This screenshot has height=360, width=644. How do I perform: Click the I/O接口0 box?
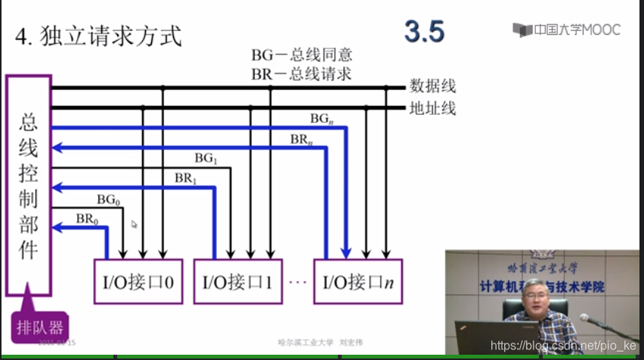click(138, 282)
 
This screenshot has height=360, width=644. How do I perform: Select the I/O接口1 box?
click(238, 282)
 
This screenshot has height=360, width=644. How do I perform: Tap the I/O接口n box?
click(358, 282)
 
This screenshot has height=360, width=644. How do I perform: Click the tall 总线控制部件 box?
click(28, 185)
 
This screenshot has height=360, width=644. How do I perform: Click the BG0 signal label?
click(108, 200)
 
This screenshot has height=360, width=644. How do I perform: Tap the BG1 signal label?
click(206, 159)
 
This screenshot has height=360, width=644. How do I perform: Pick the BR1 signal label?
click(186, 178)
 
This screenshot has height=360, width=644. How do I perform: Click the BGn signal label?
click(322, 119)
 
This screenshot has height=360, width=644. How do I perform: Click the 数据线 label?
click(433, 86)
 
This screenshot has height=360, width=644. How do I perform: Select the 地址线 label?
click(433, 108)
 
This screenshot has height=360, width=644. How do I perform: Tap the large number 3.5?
click(424, 32)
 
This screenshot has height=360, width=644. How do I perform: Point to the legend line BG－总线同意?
click(302, 55)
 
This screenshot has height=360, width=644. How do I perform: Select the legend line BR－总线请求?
click(302, 73)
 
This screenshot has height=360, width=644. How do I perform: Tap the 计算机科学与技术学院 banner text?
click(542, 286)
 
